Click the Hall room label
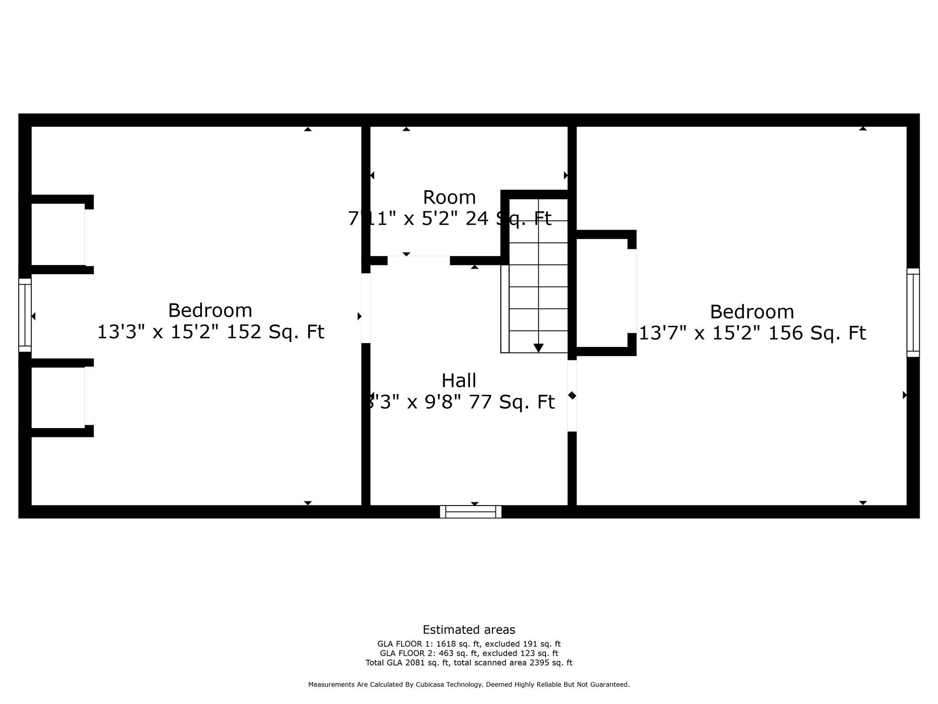click(x=458, y=380)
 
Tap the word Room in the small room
click(x=449, y=198)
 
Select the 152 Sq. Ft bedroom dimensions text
click(x=210, y=332)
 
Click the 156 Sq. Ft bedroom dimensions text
click(x=752, y=333)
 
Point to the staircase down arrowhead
click(x=538, y=348)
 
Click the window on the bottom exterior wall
click(x=470, y=511)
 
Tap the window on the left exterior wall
click(x=25, y=315)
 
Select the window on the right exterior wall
click(x=913, y=313)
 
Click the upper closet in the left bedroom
click(x=58, y=234)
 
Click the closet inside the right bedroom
click(x=601, y=293)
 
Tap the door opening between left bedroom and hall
click(x=365, y=308)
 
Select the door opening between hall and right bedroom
click(x=572, y=396)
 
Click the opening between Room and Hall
click(x=419, y=260)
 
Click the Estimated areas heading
click(x=469, y=630)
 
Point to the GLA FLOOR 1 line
click(x=469, y=644)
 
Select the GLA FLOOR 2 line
click(x=469, y=654)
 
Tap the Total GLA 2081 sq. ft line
click(x=469, y=663)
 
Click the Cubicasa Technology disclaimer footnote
click(x=469, y=685)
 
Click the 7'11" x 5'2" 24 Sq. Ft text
click(x=449, y=219)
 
